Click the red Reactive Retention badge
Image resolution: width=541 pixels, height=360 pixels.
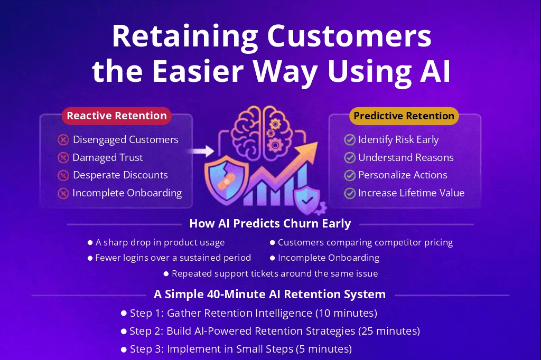(116, 116)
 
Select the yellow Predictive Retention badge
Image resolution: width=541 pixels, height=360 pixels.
(404, 116)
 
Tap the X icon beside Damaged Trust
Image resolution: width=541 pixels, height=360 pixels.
(63, 158)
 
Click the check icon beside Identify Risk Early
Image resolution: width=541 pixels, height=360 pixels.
(349, 140)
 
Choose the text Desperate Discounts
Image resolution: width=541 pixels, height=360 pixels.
(120, 175)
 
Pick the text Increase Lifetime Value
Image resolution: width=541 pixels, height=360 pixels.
(411, 193)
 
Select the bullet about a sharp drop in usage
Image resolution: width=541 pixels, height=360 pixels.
(160, 243)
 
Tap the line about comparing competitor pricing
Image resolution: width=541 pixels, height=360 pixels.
(365, 243)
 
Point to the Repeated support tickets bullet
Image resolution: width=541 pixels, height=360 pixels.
(274, 273)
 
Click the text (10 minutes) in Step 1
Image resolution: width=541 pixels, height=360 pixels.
(346, 313)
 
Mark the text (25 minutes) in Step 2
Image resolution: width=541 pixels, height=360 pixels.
(389, 331)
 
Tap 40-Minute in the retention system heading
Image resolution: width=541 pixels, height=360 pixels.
(232, 294)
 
